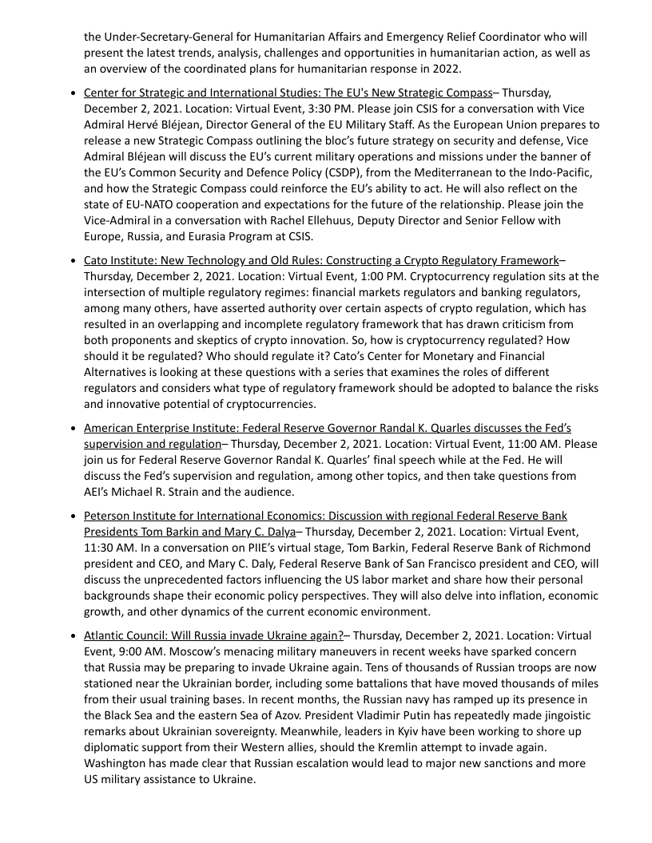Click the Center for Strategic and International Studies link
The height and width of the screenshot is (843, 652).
point(288,93)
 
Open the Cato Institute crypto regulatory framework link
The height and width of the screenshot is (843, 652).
point(320,260)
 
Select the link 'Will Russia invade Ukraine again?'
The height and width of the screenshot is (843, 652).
point(213,635)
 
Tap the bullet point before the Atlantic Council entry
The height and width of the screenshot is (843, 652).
point(74,635)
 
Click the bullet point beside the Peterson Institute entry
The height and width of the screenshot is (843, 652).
point(74,516)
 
